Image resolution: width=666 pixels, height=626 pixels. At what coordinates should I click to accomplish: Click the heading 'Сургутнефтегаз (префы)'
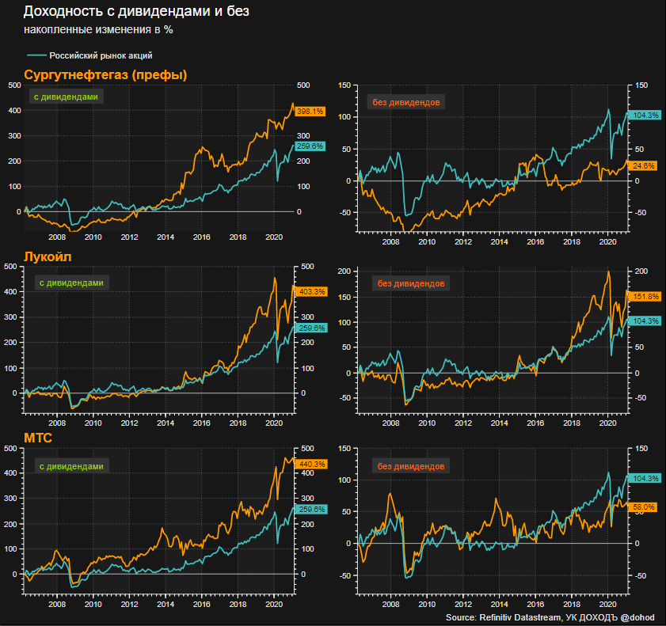[106, 75]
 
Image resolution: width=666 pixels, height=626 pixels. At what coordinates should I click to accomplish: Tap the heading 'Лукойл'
[47, 257]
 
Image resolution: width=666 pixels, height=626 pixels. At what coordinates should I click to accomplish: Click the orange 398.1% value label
[310, 112]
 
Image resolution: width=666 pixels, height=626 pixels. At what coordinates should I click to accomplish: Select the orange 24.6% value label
[644, 165]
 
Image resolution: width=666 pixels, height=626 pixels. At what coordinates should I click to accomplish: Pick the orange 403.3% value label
[310, 291]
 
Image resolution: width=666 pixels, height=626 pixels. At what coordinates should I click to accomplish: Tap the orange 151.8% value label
[644, 296]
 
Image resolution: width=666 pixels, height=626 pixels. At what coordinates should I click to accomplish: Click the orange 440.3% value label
[310, 464]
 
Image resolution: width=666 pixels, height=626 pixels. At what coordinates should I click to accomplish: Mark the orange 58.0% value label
[644, 506]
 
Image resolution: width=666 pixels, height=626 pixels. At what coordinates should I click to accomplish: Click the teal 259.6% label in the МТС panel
[310, 510]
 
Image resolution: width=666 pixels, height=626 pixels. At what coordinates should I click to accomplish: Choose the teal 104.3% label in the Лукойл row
[644, 321]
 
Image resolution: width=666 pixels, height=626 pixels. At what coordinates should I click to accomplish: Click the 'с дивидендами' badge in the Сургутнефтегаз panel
[67, 97]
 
